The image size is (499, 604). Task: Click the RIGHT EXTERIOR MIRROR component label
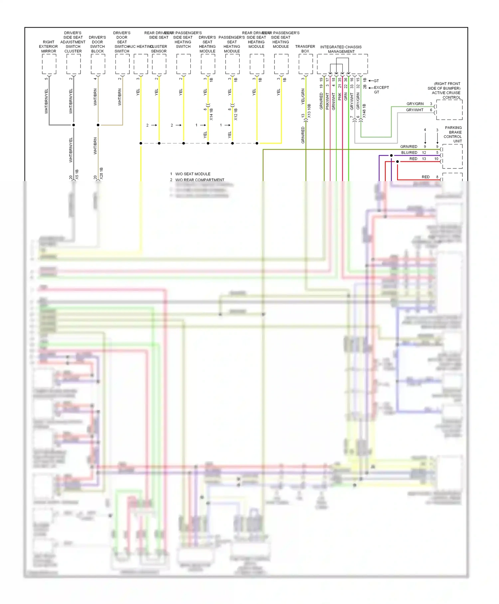pos(49,47)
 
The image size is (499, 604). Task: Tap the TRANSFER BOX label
pos(305,49)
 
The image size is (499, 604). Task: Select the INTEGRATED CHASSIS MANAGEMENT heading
pos(341,49)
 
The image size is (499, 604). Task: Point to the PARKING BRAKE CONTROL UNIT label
pos(453,134)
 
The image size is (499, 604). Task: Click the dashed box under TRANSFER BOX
pos(305,64)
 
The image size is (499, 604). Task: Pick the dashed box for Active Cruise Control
pos(449,110)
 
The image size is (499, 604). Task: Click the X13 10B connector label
pos(309,111)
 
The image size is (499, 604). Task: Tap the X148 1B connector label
pos(364,111)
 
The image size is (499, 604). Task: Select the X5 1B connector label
pos(77,174)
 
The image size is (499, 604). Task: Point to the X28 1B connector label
pos(101,173)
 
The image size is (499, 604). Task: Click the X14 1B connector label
pos(211,114)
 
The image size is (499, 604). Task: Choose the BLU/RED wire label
pos(409,153)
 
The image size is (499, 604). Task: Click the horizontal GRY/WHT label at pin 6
pos(415,110)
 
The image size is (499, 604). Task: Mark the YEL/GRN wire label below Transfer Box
pos(303,97)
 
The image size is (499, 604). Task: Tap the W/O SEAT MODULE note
pos(193,174)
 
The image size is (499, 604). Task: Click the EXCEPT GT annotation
pos(381,90)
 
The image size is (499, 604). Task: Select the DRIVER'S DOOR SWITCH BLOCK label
pos(97,44)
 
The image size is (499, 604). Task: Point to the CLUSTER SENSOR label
pos(159,49)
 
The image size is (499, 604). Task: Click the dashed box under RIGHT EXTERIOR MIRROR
pos(49,64)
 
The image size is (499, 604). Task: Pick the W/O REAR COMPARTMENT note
pos(200,180)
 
